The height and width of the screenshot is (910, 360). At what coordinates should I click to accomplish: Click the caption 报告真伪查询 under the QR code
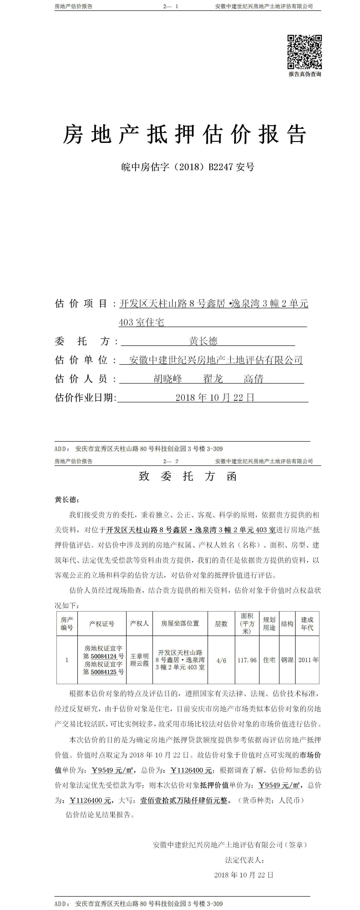click(304, 74)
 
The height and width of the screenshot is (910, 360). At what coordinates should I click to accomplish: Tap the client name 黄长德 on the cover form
click(203, 341)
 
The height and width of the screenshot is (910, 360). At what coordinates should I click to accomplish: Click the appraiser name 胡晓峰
click(168, 379)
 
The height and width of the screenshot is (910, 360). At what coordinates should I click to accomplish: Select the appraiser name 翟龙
click(213, 379)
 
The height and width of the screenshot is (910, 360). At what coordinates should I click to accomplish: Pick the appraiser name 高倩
click(253, 379)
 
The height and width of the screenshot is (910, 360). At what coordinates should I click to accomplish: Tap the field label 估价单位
click(81, 360)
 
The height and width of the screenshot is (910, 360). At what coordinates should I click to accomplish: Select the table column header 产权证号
click(102, 624)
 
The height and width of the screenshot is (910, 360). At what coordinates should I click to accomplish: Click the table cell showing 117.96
click(247, 660)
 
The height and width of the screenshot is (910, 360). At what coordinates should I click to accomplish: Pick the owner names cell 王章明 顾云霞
click(140, 660)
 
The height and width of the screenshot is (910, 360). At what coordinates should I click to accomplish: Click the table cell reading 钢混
click(287, 660)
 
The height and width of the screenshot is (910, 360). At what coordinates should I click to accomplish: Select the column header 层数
click(221, 624)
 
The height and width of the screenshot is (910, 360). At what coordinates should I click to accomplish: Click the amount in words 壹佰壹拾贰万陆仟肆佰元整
click(184, 800)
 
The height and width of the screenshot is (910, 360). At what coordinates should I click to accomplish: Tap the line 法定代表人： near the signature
click(245, 860)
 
